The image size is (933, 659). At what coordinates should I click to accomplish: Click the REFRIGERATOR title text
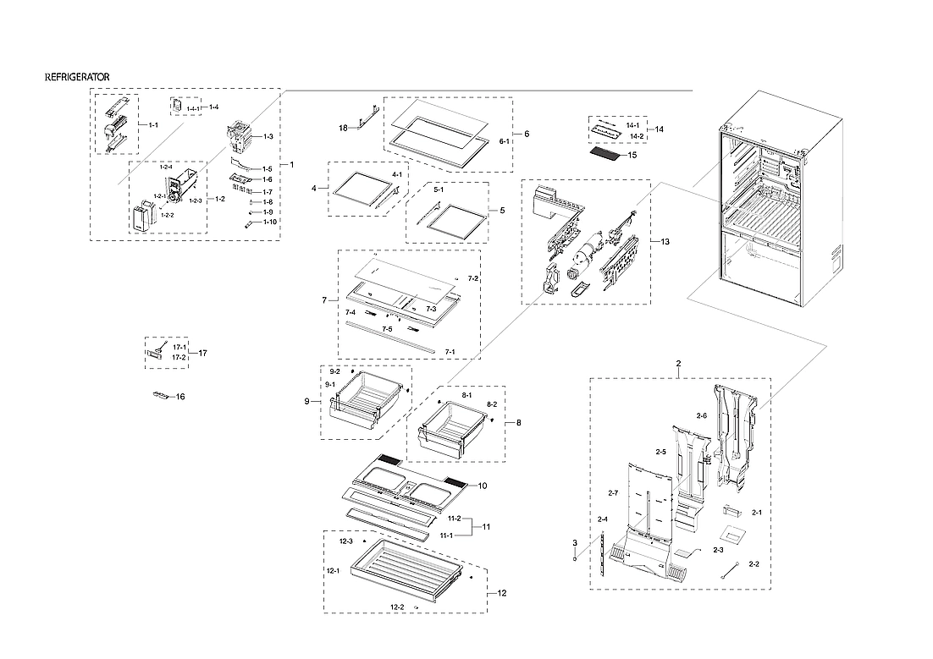coord(77,77)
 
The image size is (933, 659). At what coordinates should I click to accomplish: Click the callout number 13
coord(665,242)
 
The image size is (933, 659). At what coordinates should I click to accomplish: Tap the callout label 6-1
coord(504,141)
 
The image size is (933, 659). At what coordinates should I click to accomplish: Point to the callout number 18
coord(343,128)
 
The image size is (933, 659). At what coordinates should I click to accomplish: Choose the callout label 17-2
coord(179,357)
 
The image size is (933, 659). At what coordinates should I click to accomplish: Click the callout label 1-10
coord(269,222)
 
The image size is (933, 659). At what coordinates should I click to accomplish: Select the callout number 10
coord(483,486)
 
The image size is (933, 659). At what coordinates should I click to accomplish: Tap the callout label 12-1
coord(334,570)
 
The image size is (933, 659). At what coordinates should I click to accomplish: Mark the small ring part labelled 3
coord(575,558)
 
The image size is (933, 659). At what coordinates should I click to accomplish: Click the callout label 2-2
coord(754,563)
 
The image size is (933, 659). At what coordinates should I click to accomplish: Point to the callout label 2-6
coord(701,415)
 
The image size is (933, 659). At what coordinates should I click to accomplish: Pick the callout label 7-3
coord(431,309)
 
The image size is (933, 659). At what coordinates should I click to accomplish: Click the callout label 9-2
coord(334,372)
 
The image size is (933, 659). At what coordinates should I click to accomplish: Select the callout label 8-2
coord(491,405)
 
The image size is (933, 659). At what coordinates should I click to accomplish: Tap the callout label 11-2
coord(454,519)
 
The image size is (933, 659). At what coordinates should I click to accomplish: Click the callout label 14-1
coord(632,125)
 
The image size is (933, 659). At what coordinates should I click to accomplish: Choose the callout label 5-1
coord(439,190)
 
